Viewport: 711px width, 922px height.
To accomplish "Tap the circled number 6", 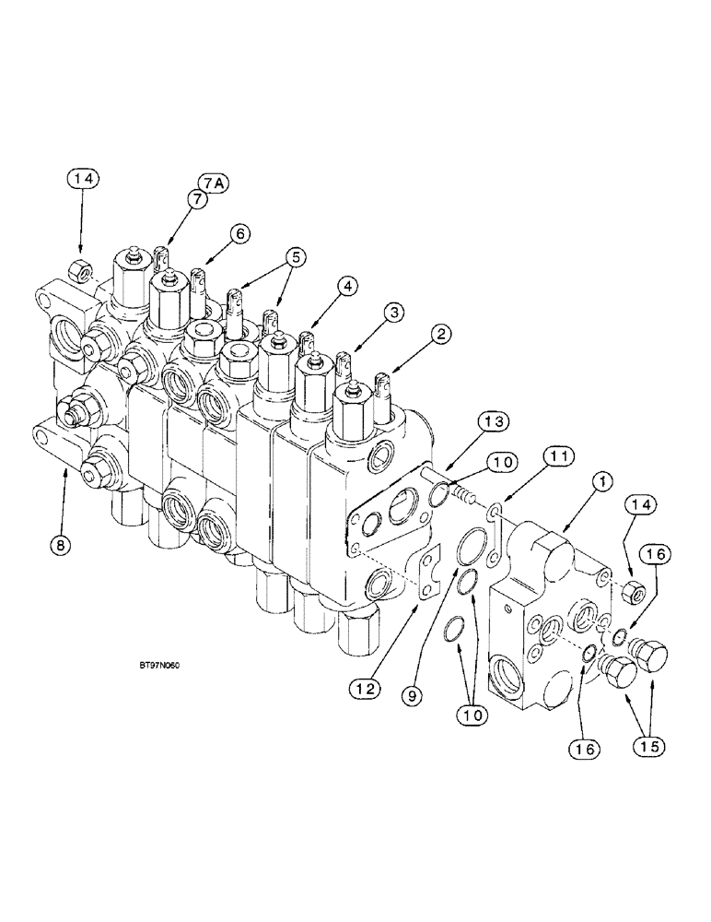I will click(x=239, y=235).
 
